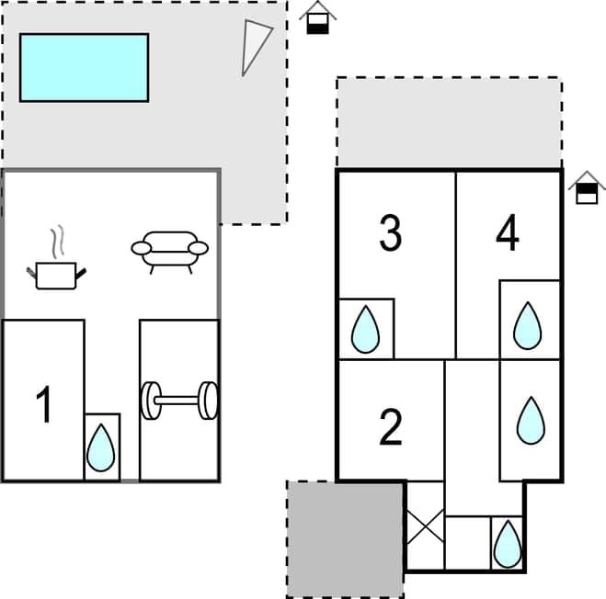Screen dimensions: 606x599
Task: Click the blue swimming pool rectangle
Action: coord(84,67)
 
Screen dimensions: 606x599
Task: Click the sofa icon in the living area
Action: coord(170,251)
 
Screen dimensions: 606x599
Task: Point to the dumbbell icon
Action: coord(179,400)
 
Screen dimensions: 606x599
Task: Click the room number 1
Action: coord(43,406)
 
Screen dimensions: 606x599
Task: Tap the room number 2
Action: coord(391,426)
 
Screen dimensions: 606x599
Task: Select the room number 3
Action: coord(391,233)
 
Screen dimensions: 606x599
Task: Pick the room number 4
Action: coord(507,233)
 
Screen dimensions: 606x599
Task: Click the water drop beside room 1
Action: coord(101,447)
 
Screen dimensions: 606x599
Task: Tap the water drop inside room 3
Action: coord(366,329)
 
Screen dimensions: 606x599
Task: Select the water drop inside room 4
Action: coord(527,325)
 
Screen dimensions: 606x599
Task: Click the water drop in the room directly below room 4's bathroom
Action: coord(530,420)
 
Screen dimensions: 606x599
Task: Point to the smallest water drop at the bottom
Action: coord(506,545)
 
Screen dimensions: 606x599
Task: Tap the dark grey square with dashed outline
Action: coord(345,538)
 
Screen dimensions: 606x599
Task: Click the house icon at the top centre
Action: coord(318,17)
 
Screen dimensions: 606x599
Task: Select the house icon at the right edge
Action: coord(587,187)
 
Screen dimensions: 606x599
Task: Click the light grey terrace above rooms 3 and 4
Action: coord(449,123)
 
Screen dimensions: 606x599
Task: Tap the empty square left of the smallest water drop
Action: coord(466,542)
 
